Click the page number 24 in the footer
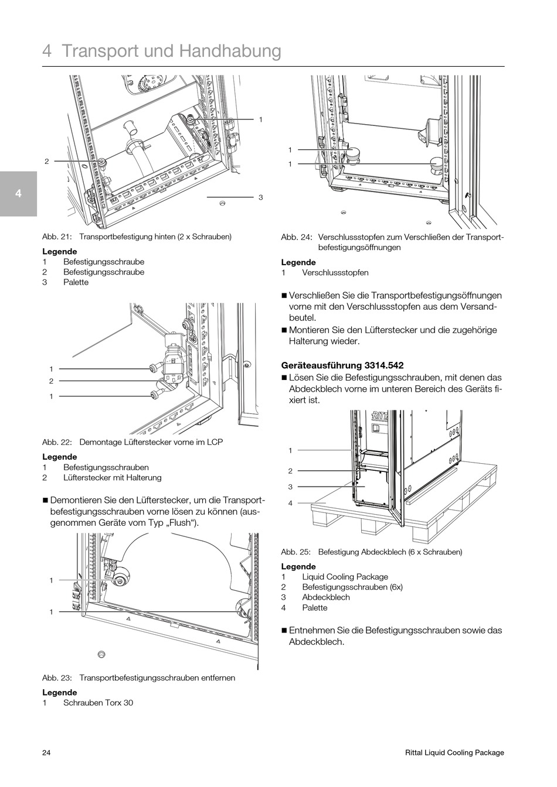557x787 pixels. pyautogui.click(x=46, y=752)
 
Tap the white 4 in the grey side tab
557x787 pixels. pyautogui.click(x=18, y=194)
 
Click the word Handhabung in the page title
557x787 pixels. pyautogui.click(x=230, y=51)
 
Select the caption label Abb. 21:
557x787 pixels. pyautogui.click(x=57, y=237)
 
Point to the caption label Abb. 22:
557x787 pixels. pyautogui.click(x=57, y=442)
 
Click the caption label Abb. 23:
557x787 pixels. pyautogui.click(x=57, y=677)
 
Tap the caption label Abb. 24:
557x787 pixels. pyautogui.click(x=296, y=237)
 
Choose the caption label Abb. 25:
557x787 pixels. pyautogui.click(x=296, y=552)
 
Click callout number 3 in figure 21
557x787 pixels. pyautogui.click(x=260, y=197)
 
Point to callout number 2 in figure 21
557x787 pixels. pyautogui.click(x=46, y=161)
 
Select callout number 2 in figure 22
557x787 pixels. pyautogui.click(x=51, y=381)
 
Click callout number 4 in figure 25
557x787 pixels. pyautogui.click(x=290, y=503)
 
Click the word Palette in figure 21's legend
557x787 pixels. pyautogui.click(x=76, y=282)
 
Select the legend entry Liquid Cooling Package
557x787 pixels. pyautogui.click(x=345, y=577)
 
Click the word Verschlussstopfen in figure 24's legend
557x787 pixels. pyautogui.click(x=335, y=273)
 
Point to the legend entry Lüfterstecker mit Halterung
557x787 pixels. pyautogui.click(x=112, y=478)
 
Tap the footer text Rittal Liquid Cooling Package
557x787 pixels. pyautogui.click(x=454, y=752)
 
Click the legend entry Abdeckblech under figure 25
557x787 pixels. pyautogui.click(x=325, y=597)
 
